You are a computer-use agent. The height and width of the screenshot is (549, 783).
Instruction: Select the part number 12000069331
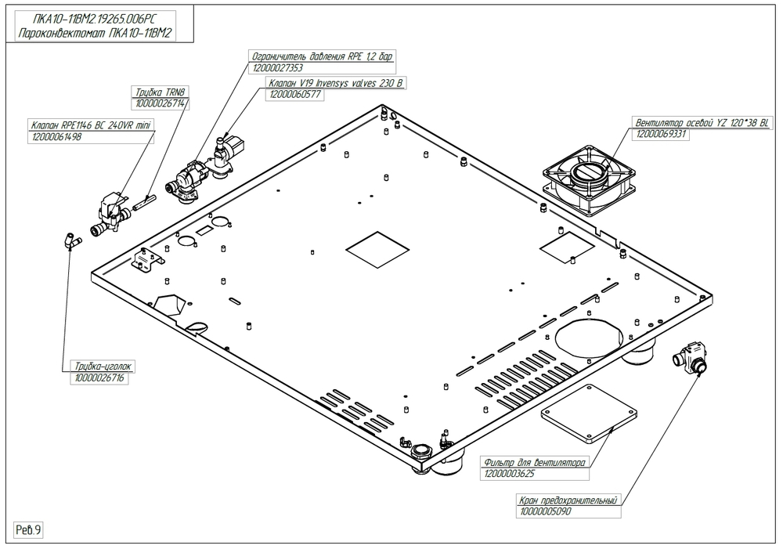[663, 135]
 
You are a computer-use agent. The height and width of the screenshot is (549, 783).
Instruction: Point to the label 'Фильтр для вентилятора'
[535, 462]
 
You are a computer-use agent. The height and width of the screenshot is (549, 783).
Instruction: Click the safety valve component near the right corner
[690, 359]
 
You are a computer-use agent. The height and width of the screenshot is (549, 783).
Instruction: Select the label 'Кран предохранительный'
[568, 500]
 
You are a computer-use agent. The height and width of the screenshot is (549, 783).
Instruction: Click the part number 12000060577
[296, 94]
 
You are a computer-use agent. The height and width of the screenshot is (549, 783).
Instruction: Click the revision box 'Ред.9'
[28, 530]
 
